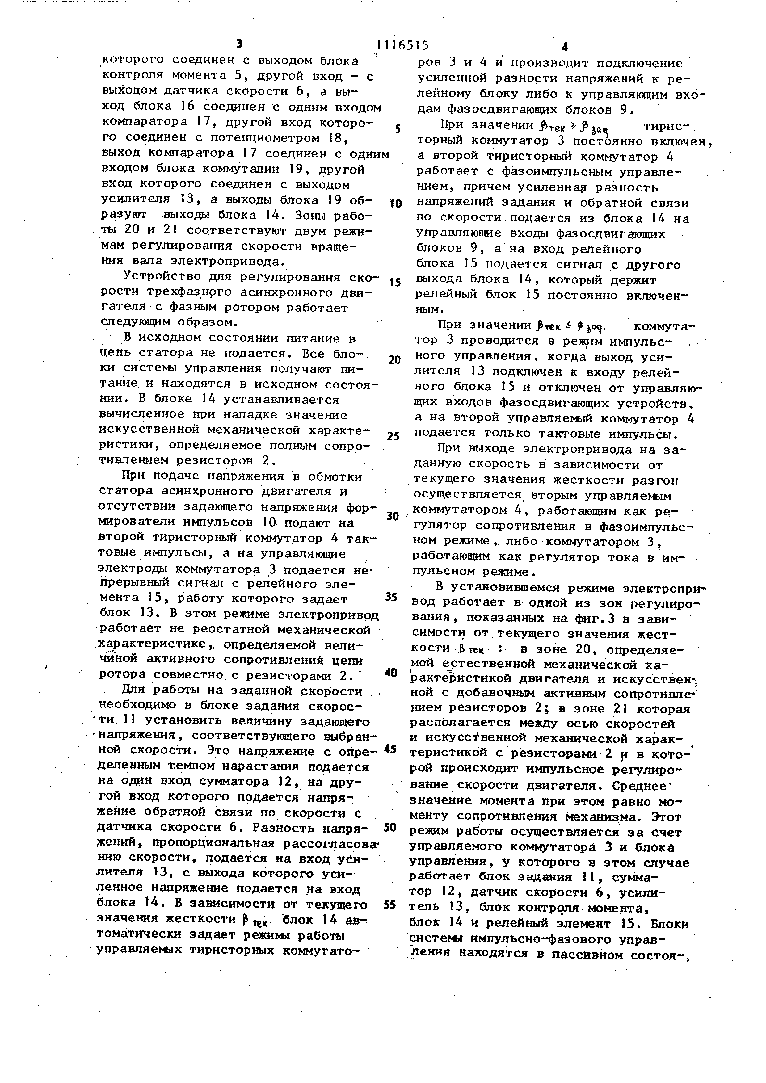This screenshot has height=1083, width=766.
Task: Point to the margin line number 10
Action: tap(395, 204)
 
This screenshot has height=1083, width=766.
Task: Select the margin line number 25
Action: tap(394, 436)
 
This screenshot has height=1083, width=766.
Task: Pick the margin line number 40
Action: tap(391, 673)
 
